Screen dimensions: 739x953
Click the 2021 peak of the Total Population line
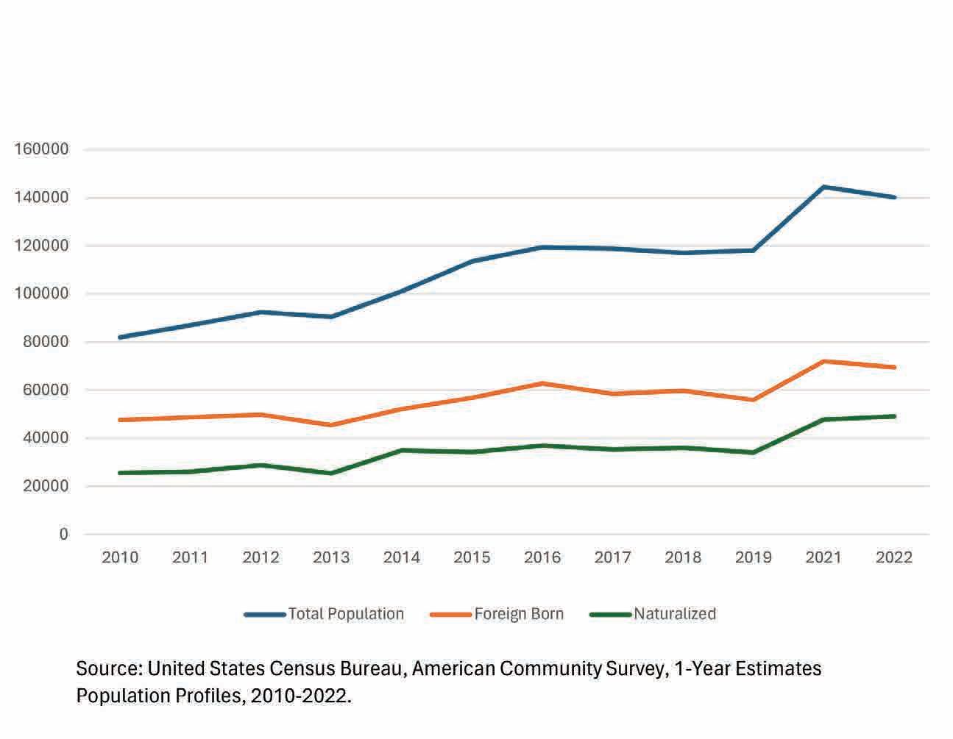[x=824, y=187]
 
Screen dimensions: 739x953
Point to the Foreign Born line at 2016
[x=542, y=383]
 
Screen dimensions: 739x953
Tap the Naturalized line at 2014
[x=402, y=450]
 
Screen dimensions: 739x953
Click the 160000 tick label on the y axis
[x=41, y=149]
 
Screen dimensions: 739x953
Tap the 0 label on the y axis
[x=64, y=535]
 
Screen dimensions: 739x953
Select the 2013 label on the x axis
[x=331, y=557]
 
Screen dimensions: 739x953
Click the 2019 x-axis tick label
[x=753, y=557]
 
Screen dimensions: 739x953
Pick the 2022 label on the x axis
[x=894, y=557]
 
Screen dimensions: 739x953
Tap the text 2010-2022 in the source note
[x=300, y=696]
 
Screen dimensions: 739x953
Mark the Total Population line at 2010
[x=120, y=338]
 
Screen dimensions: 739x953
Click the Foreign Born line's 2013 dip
[x=331, y=425]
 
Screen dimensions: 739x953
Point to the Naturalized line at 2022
[x=894, y=416]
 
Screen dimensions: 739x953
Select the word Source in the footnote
[x=107, y=669]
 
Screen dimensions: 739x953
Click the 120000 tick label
[x=41, y=246]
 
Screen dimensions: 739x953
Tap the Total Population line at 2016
[x=542, y=247]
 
